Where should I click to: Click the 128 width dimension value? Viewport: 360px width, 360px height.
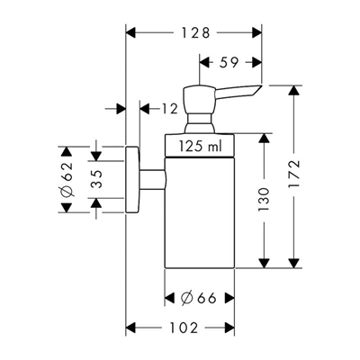pos(195,32)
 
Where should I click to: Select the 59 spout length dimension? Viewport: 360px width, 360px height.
pos(229,62)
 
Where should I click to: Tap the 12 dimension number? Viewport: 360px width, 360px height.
pos(169,109)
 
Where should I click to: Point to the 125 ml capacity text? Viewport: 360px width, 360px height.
pos(201,146)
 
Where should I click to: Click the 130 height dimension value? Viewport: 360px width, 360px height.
pos(264,200)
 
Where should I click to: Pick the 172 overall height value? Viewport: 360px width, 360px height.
pos(293,175)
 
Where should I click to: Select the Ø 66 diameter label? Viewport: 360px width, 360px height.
pos(199,298)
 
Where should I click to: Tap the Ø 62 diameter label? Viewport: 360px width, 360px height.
pos(67,179)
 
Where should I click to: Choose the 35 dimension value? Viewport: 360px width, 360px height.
pos(96,179)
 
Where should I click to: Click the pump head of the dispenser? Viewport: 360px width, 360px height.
pos(200,100)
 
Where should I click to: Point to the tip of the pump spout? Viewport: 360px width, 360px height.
pos(260,86)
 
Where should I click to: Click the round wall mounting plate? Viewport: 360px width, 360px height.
pos(132,179)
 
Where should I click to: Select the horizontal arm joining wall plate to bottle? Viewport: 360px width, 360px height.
pos(152,179)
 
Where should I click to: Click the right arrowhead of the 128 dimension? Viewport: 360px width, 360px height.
pos(256,32)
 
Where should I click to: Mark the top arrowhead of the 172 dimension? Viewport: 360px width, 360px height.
pos(294,91)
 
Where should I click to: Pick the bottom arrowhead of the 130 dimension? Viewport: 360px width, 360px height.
pos(264,263)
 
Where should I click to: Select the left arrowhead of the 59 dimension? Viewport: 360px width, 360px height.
pos(204,62)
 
